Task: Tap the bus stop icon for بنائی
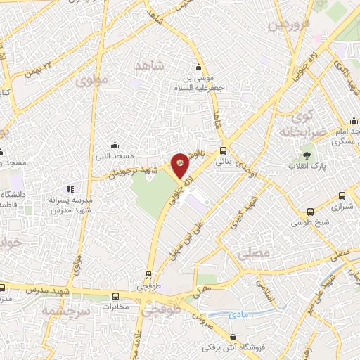point(224,150)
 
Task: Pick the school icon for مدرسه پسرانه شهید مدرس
point(70,189)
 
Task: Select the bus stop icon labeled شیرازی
point(342,197)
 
